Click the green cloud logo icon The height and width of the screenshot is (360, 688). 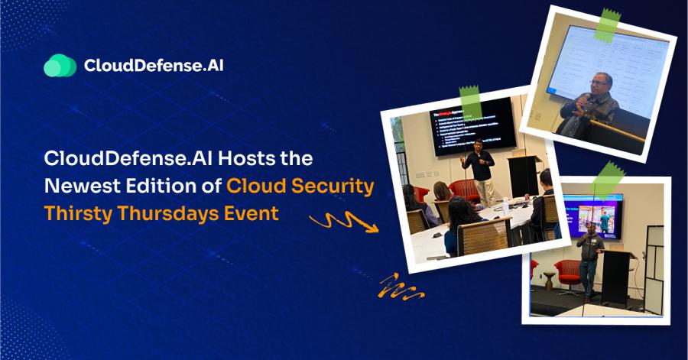[60, 66]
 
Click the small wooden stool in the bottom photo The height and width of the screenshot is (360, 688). [549, 281]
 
